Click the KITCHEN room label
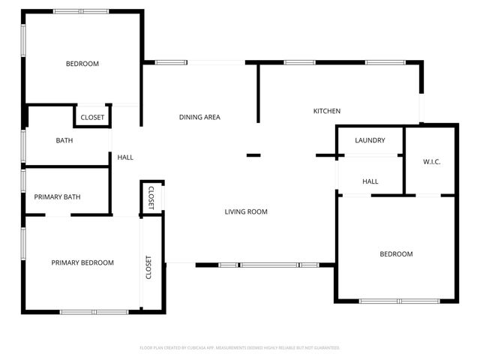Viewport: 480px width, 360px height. (326, 112)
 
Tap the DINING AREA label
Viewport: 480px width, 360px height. (199, 117)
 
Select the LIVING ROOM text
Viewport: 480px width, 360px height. (246, 212)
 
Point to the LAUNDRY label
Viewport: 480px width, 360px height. (370, 140)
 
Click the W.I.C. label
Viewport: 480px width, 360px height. (431, 162)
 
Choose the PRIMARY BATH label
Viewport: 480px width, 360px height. (57, 197)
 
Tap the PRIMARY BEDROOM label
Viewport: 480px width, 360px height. (82, 262)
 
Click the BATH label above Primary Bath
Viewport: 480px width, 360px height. (64, 140)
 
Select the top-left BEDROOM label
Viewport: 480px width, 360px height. (82, 64)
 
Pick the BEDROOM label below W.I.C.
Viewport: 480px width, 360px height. (396, 254)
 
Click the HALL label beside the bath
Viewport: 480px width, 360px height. (125, 157)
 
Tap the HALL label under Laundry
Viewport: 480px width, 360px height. (370, 181)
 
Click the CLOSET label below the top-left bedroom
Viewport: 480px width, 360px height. (92, 118)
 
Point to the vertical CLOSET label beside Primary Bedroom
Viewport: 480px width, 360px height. (148, 268)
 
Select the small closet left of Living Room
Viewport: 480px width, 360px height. (151, 198)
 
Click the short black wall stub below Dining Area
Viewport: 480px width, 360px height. (253, 155)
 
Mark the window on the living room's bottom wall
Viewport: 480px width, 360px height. (268, 265)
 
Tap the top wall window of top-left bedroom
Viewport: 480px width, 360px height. (80, 11)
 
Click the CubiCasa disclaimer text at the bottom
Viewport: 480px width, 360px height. (240, 348)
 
